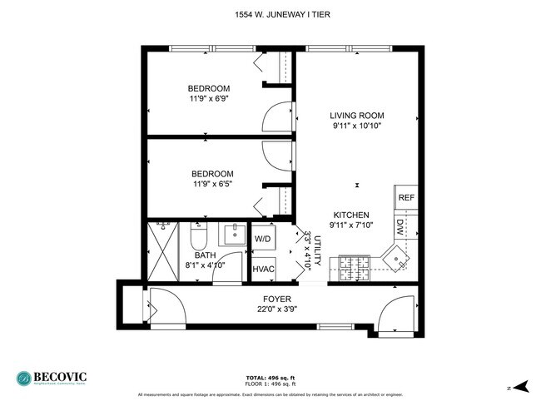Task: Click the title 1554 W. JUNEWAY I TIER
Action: (x=270, y=14)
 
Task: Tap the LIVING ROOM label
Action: (x=356, y=116)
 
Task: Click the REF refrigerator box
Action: (x=405, y=198)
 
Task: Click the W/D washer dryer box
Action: (x=263, y=239)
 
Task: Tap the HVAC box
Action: (x=263, y=269)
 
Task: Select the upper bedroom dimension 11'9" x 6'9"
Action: (x=208, y=99)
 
